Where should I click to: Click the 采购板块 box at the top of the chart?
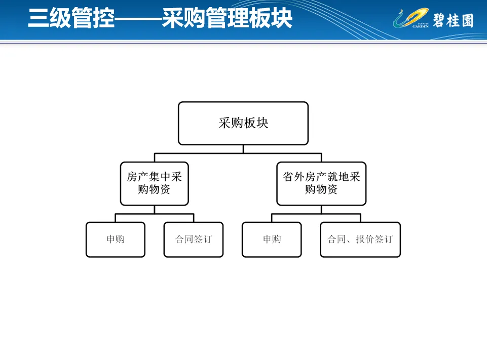243,123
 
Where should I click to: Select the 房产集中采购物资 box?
154,183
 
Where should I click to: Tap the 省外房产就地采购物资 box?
321,183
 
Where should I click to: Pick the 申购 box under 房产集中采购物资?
116,239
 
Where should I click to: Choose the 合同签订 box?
194,239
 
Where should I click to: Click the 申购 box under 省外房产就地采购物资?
272,239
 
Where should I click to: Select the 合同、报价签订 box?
360,239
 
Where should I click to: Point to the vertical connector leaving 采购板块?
243,148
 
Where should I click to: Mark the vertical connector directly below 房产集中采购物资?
155,209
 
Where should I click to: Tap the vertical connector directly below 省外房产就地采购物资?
321,209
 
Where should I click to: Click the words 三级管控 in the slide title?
71,19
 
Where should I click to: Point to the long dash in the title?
138,19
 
